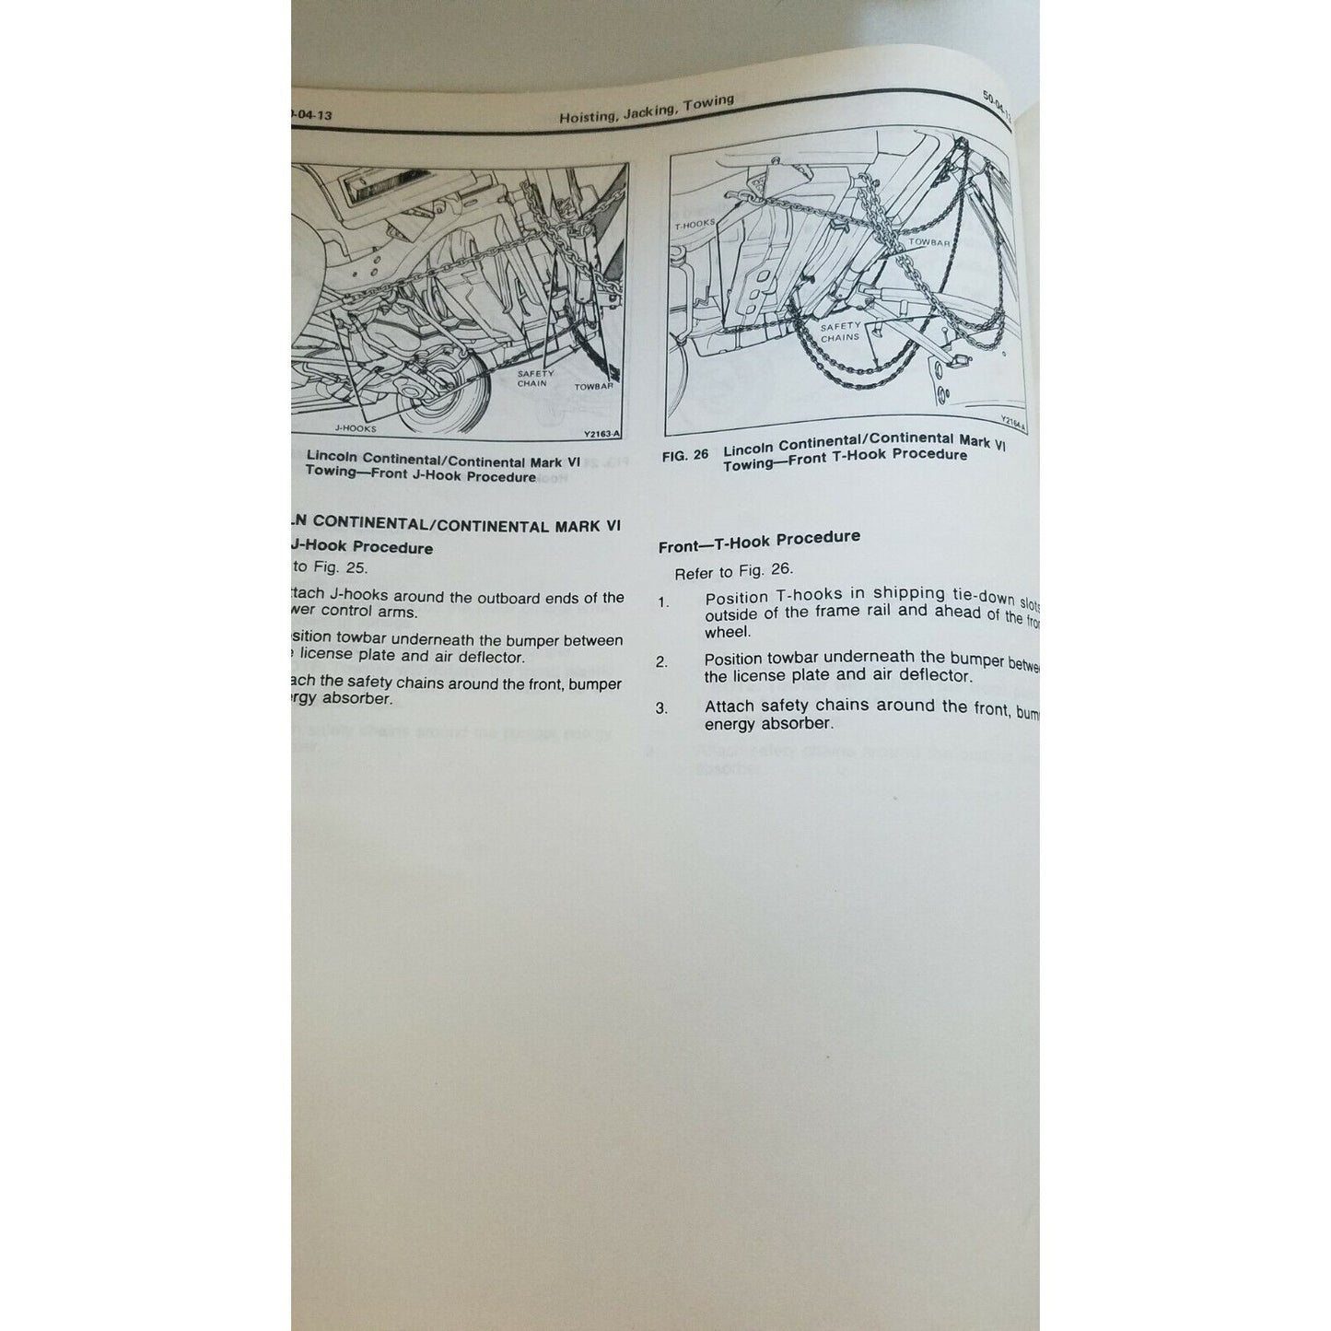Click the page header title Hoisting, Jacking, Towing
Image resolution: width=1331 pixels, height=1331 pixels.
point(646,111)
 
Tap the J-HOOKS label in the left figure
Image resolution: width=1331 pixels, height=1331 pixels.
point(355,428)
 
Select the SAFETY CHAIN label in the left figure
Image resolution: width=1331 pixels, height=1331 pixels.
point(535,379)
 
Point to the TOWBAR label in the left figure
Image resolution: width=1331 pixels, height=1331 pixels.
point(594,388)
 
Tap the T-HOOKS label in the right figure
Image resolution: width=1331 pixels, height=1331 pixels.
point(695,224)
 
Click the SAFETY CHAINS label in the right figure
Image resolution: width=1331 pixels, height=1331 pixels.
point(839,332)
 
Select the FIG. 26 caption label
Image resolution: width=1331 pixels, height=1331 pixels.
point(689,456)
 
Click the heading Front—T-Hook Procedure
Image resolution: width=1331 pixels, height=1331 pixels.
point(759,542)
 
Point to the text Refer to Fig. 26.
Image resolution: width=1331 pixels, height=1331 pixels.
point(733,571)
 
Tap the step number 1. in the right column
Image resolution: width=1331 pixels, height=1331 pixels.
point(663,601)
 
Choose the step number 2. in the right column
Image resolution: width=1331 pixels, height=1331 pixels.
point(662,661)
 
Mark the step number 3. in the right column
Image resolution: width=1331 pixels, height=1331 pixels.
point(661,708)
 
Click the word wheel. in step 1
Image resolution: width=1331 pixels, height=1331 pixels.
point(728,632)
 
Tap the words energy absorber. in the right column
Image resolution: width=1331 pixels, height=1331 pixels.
point(768,724)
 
